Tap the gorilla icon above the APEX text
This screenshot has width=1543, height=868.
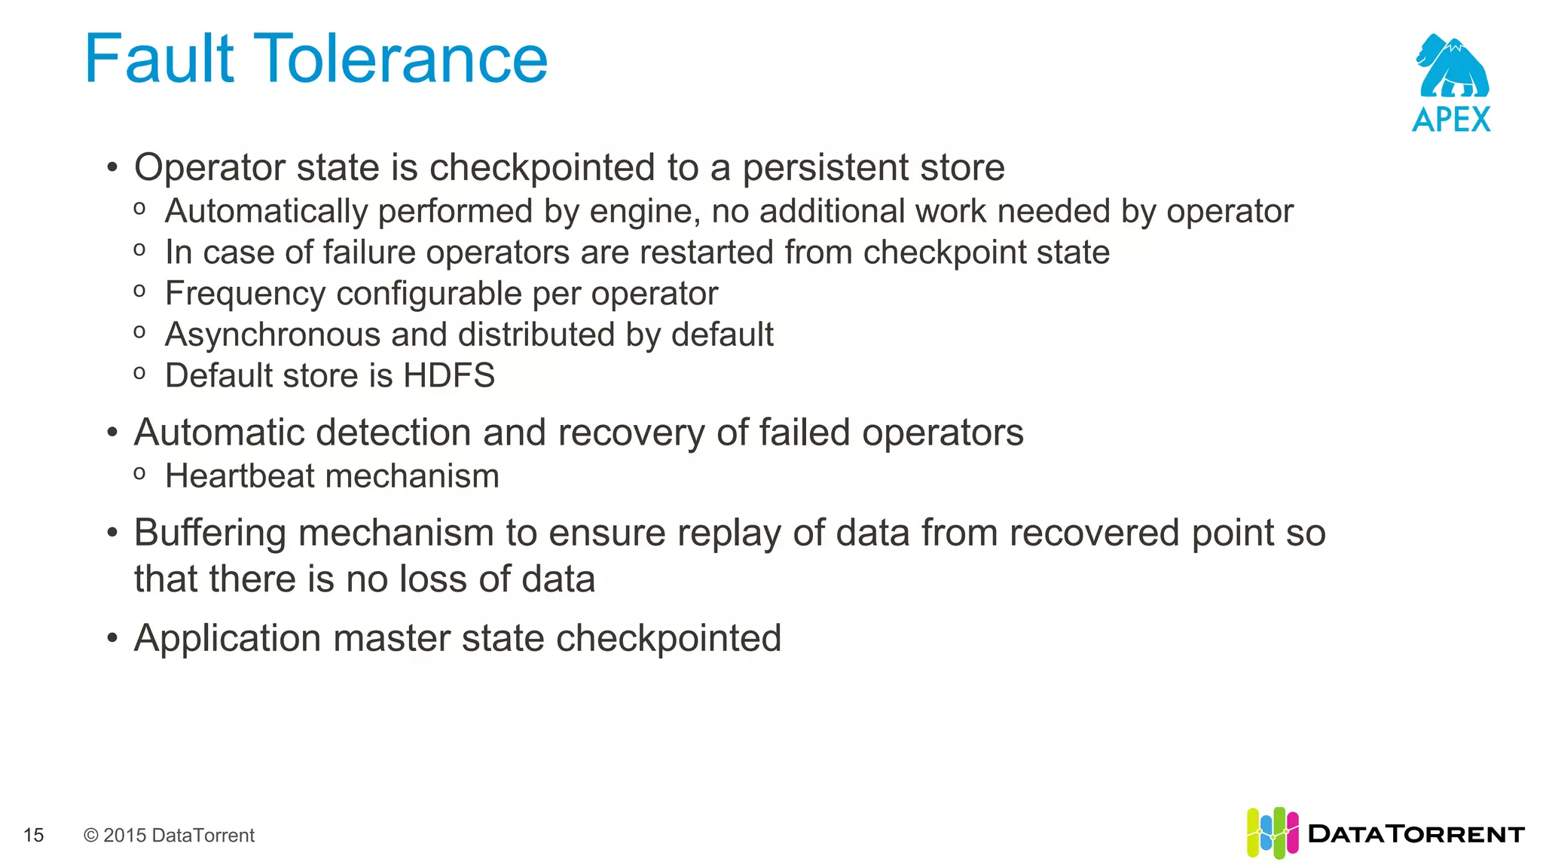(x=1452, y=66)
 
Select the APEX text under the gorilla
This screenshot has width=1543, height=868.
(x=1451, y=120)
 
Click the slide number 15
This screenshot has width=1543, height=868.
(x=34, y=835)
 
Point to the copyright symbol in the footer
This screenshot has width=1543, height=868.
(x=91, y=835)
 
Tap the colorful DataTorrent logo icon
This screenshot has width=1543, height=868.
(x=1272, y=833)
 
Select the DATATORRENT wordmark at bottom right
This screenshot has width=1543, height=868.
(x=1416, y=834)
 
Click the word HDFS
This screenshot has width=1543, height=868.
(x=449, y=375)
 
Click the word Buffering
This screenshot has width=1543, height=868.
(x=210, y=533)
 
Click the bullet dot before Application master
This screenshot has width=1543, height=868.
(x=112, y=639)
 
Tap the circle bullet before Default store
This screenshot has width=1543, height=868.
(x=139, y=373)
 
